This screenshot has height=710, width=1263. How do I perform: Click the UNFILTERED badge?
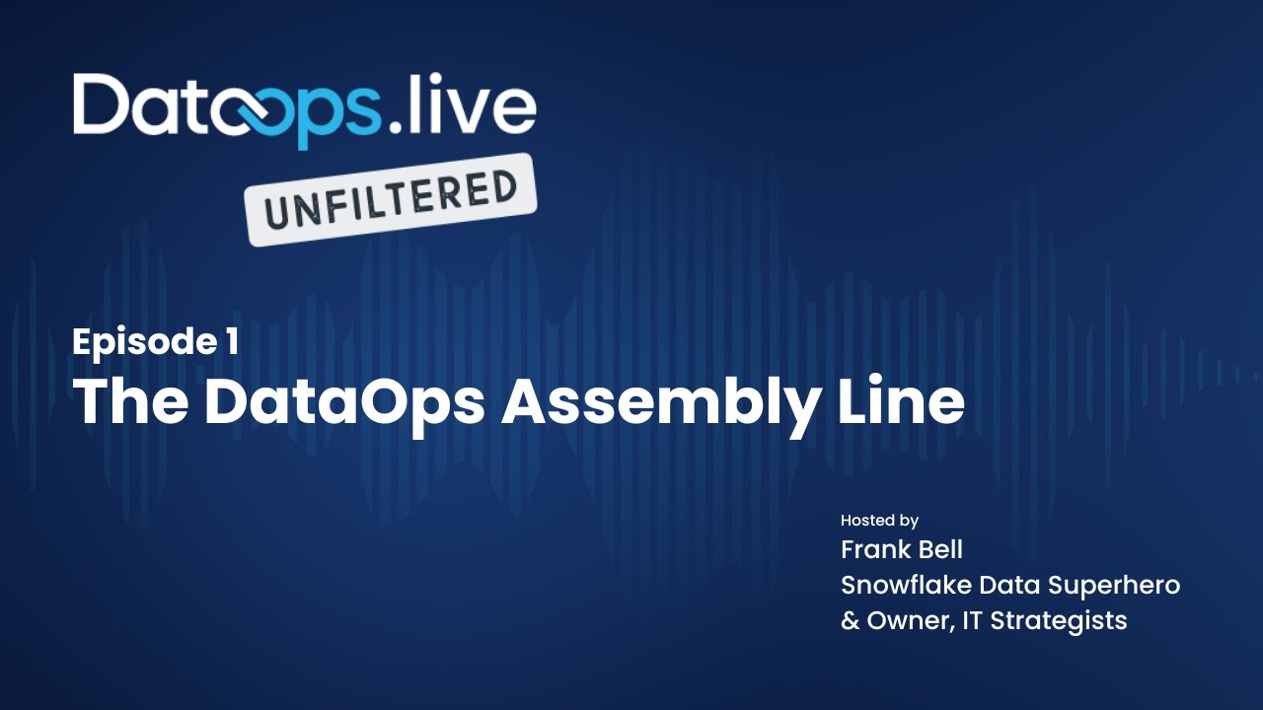[x=391, y=199]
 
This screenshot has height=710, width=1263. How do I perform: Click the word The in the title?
[x=131, y=401]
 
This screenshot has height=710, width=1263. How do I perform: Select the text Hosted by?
[x=879, y=520]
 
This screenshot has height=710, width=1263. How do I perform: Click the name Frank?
[x=873, y=548]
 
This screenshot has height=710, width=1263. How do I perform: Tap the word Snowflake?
[x=906, y=585]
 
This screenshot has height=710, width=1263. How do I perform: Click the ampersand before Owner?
[x=849, y=620]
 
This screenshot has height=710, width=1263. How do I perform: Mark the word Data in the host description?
[x=1006, y=585]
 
